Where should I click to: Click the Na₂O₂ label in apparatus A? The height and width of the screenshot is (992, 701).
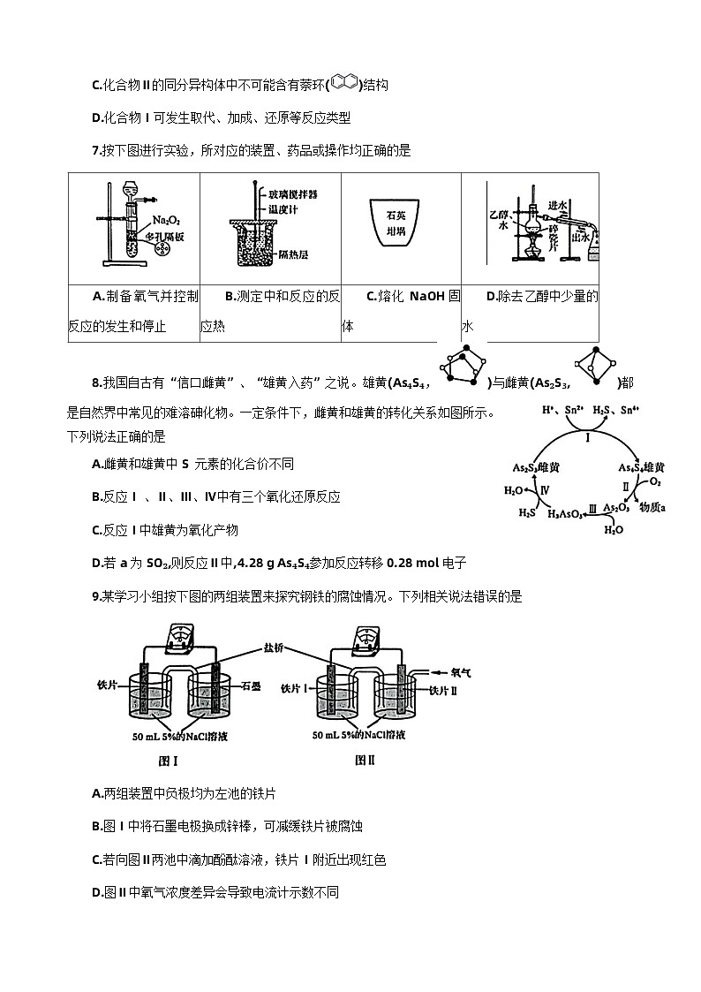point(164,220)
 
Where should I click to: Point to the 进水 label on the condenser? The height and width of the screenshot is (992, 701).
point(556,204)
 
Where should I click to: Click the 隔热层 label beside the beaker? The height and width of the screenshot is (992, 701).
point(292,253)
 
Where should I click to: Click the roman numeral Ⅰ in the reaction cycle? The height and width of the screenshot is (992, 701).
point(588,437)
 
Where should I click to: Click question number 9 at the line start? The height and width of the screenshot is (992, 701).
point(95,596)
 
